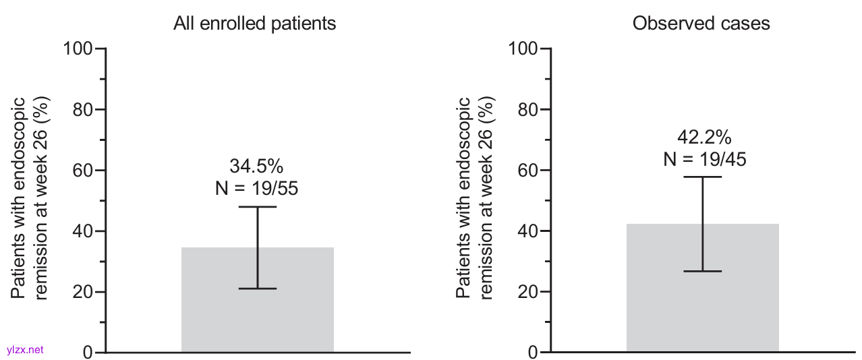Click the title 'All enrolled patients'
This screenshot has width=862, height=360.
254,24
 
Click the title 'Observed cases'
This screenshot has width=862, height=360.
701,24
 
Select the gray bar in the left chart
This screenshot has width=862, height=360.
258,317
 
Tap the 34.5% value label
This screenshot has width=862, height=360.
257,166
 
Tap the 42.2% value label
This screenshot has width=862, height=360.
703,137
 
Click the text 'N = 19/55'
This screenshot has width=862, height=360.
256,189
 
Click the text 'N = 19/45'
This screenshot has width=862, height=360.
703,160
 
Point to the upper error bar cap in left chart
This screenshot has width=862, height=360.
258,207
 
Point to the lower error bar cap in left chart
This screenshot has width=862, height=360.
258,289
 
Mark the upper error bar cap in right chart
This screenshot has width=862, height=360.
702,177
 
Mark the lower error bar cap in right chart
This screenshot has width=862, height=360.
702,271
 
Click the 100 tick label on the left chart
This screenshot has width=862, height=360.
79,49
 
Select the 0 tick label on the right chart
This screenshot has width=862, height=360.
533,353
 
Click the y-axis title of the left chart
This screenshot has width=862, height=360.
29,198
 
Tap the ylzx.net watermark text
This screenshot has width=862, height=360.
24,349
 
